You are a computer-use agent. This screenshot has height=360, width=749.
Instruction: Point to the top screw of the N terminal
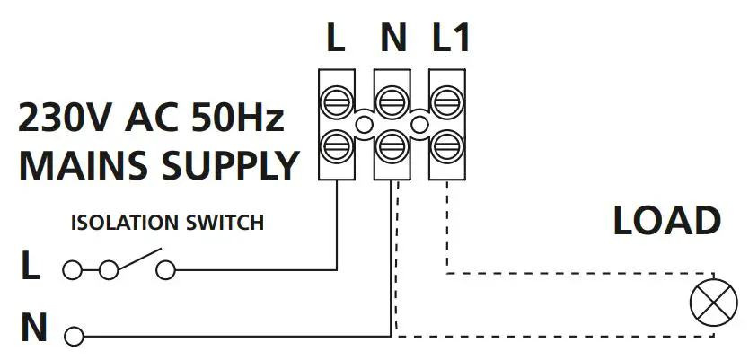[x=392, y=100]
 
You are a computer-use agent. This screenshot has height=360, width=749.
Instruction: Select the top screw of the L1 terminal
[x=446, y=100]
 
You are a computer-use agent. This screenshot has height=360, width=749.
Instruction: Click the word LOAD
[x=666, y=221]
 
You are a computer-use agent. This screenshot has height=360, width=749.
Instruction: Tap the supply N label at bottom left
[x=33, y=329]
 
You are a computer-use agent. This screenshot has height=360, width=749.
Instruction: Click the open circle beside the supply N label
[x=74, y=337]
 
